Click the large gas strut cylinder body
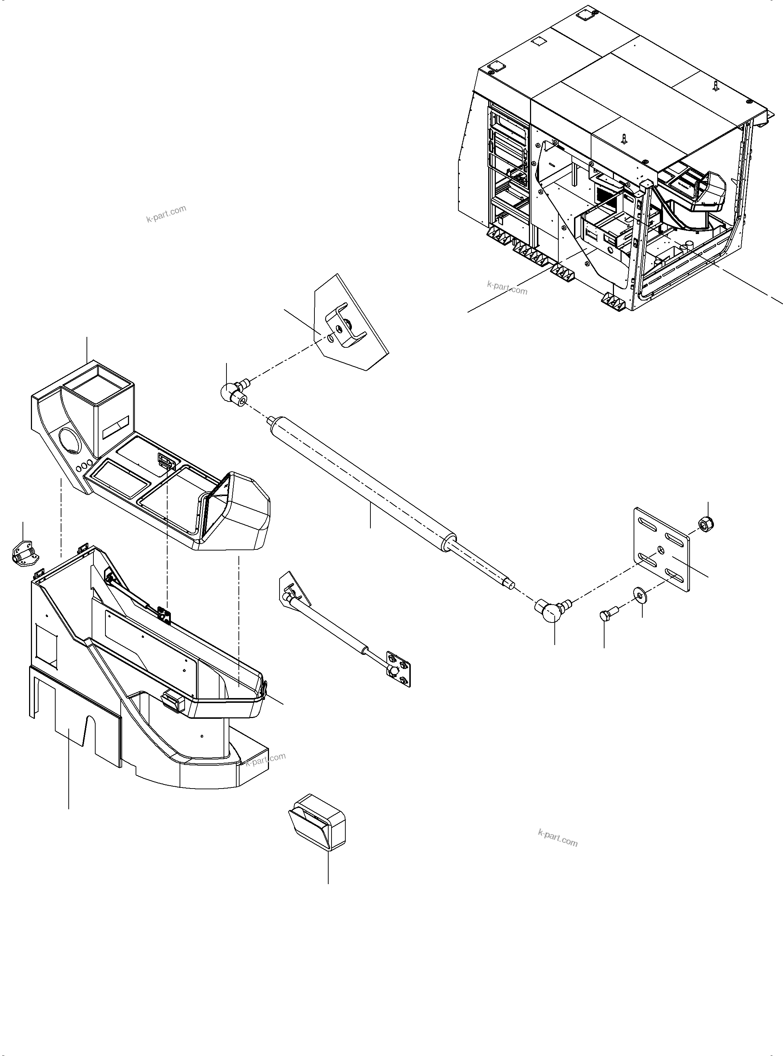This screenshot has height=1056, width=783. click(x=360, y=483)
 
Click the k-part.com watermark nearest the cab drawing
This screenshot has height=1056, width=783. click(x=507, y=287)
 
